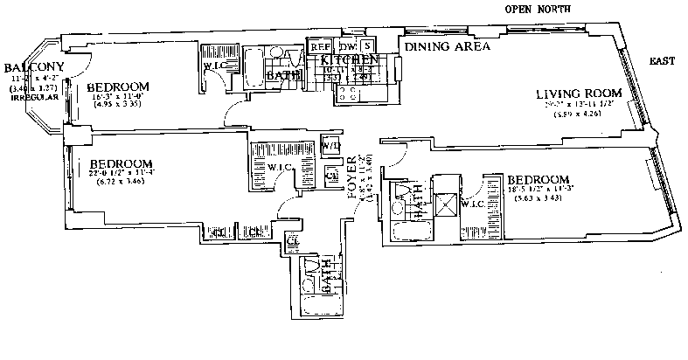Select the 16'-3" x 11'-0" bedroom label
[118, 87]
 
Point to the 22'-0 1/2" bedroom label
[122, 163]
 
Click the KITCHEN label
[350, 60]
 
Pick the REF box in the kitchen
[320, 45]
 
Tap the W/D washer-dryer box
[330, 146]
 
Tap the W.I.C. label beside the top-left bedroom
[215, 66]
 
